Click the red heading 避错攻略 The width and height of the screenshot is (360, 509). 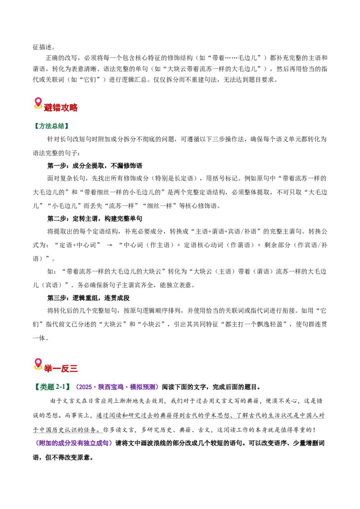pyautogui.click(x=61, y=107)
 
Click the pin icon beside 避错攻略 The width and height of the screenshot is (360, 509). pyautogui.click(x=38, y=103)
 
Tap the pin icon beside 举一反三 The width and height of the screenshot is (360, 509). pyautogui.click(x=38, y=364)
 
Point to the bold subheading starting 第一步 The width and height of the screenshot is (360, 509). pyautogui.click(x=95, y=166)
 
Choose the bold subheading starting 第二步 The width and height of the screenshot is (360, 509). pyautogui.click(x=95, y=219)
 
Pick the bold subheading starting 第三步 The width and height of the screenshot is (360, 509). pyautogui.click(x=88, y=298)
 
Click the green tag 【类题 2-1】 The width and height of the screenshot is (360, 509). pyautogui.click(x=52, y=387)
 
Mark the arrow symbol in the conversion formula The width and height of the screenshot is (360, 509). pyautogui.click(x=109, y=246)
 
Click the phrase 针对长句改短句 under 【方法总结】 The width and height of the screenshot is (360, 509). pyautogui.click(x=70, y=139)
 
